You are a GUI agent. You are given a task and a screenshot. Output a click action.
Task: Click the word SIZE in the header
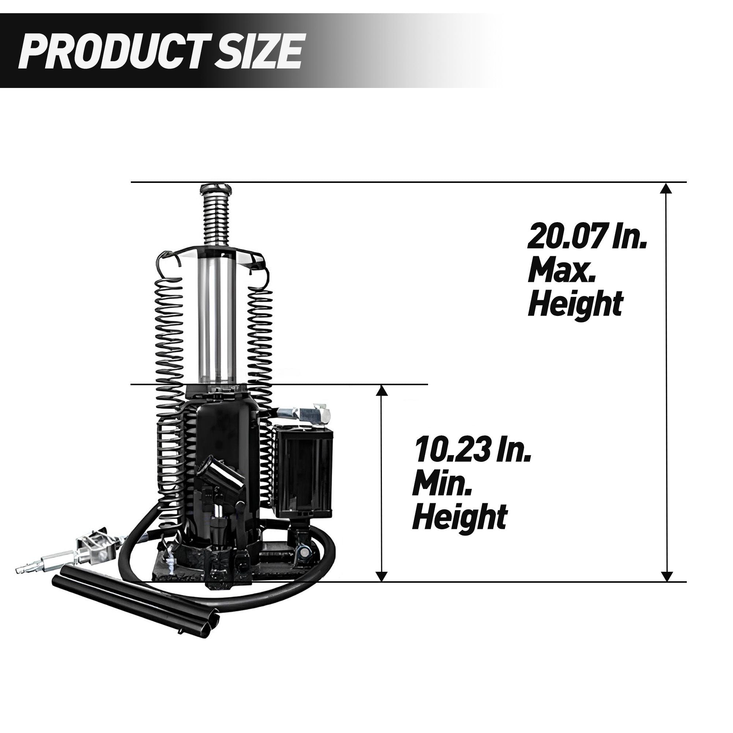(x=258, y=51)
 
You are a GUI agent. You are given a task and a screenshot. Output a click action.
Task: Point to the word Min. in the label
(x=442, y=483)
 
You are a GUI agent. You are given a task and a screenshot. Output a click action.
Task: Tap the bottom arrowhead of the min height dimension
(x=382, y=586)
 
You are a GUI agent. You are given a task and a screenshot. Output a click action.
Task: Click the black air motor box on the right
(x=303, y=472)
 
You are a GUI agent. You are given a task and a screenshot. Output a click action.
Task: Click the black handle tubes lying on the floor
(x=133, y=607)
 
